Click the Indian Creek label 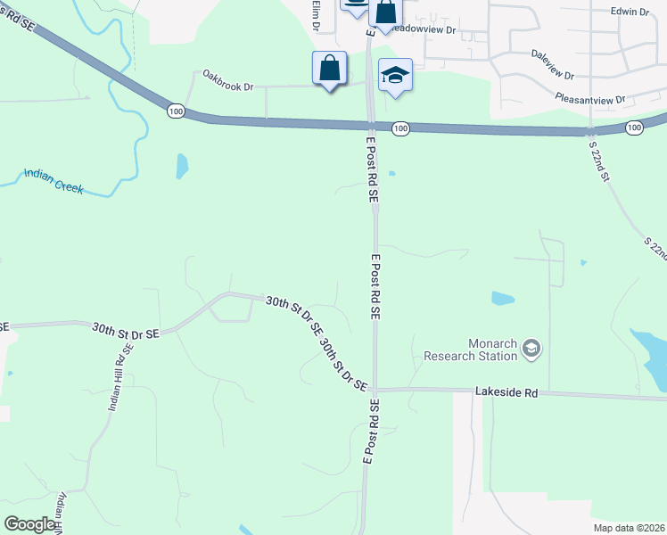coord(54,181)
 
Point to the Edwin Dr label coord(630,12)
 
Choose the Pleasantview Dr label coord(589,99)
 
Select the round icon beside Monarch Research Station coord(532,348)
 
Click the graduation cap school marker coord(394,75)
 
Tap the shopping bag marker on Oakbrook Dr coord(329,68)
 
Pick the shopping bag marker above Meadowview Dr coord(385,12)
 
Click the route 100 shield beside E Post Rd coord(400,129)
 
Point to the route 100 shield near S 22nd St coord(633,128)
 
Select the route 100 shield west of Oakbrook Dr coord(176,111)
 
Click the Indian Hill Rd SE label coord(119,378)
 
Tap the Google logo coord(29,524)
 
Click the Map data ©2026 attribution coord(629,528)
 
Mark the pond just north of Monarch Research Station coord(503,299)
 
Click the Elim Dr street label coord(315,13)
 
